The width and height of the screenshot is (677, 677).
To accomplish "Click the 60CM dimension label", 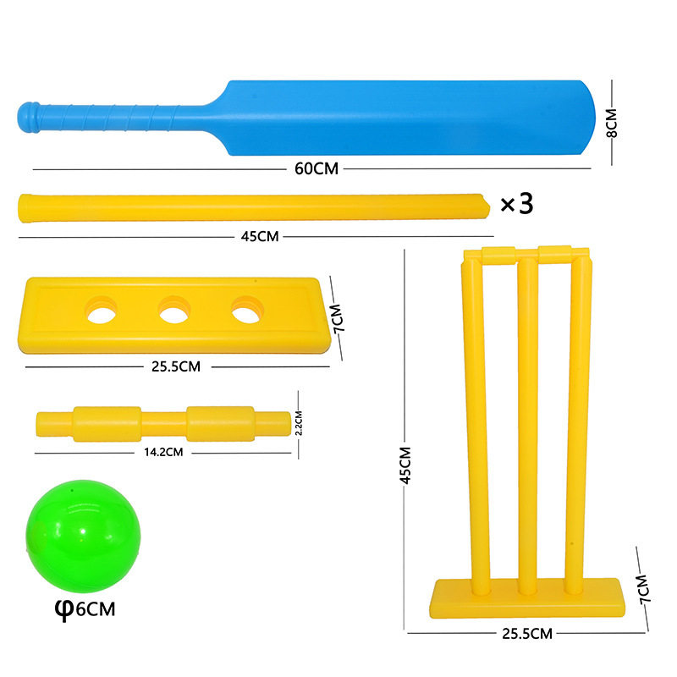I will (x=316, y=168).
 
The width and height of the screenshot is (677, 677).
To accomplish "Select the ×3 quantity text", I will (x=516, y=205).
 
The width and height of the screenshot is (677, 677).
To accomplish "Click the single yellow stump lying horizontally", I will (x=254, y=207).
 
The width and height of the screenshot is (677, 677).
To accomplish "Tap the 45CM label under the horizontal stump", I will (x=260, y=237).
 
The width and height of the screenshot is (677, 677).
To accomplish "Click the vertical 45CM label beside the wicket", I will (x=405, y=465).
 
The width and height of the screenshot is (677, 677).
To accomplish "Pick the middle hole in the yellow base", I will (x=174, y=312).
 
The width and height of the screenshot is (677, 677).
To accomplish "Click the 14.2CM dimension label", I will (x=164, y=452).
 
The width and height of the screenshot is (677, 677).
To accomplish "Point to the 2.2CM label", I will (x=298, y=422).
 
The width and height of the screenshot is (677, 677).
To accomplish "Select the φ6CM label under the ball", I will (x=86, y=608).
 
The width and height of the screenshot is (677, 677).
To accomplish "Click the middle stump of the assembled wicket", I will (x=527, y=423).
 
